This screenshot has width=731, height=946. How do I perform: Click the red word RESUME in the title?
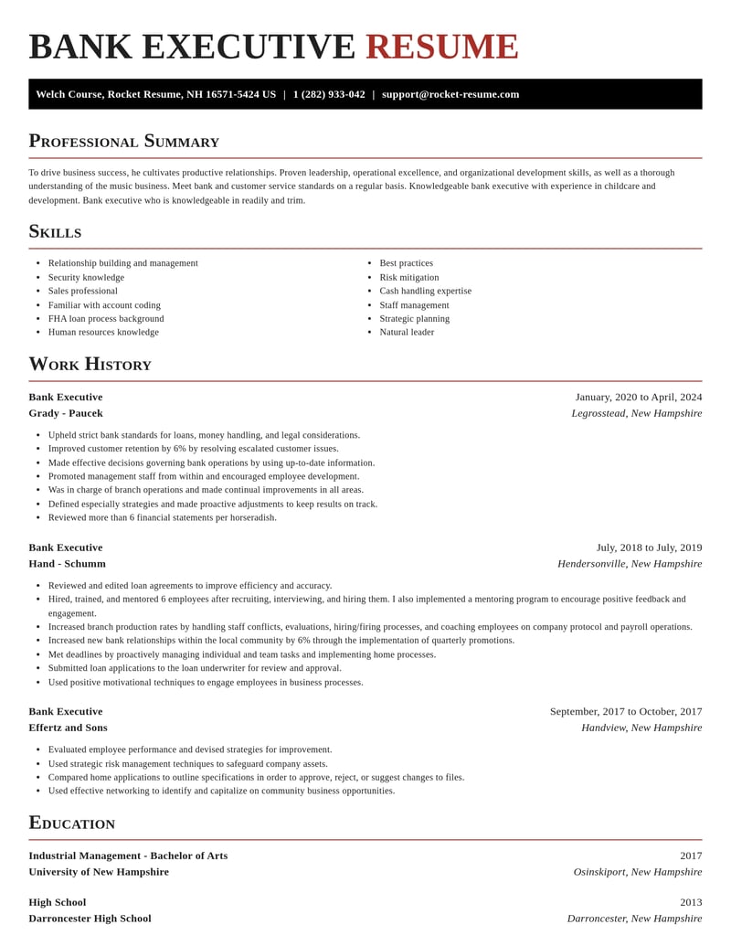tap(441, 47)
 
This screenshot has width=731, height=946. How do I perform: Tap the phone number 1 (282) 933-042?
tap(329, 94)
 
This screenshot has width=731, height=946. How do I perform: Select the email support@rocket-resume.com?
tap(450, 94)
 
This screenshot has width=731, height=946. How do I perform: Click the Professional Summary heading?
tap(123, 141)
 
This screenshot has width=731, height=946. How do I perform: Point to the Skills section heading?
tap(55, 231)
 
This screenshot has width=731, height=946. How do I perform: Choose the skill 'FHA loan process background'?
tap(106, 318)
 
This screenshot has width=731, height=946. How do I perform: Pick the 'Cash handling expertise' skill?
tap(425, 291)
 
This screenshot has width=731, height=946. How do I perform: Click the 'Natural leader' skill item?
tap(407, 332)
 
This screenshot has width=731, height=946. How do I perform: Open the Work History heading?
tap(90, 364)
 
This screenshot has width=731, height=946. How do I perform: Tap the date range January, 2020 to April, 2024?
tap(639, 397)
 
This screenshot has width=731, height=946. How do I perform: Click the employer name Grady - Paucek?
tap(66, 413)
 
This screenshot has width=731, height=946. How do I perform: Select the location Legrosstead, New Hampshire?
tap(637, 413)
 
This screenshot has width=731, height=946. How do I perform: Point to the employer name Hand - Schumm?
tap(67, 564)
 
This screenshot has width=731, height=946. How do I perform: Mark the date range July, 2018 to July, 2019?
tap(649, 547)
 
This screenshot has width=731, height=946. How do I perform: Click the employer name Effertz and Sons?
tap(68, 728)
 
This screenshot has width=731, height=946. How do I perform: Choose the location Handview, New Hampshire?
tap(641, 728)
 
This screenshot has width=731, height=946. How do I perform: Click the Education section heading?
tap(71, 823)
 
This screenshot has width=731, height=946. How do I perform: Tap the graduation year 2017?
tap(691, 856)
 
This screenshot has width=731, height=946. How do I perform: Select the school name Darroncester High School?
tap(90, 919)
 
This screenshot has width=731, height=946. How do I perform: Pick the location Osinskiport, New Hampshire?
tap(638, 872)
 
